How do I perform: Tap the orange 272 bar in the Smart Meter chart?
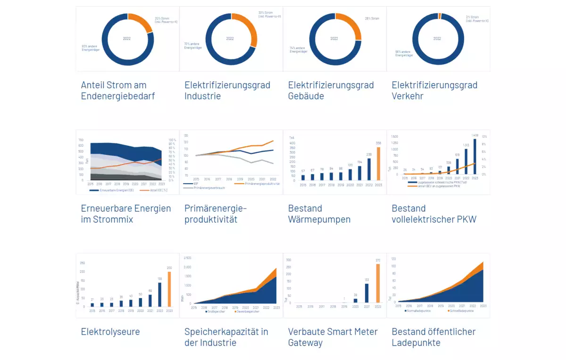pos(378,283)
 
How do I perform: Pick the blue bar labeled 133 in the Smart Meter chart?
pos(366,293)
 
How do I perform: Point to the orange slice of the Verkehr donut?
pos(440,16)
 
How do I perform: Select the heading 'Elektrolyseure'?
pos(110,332)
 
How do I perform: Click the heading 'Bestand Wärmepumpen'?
pos(318,214)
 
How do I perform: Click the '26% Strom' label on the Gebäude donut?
pos(372,19)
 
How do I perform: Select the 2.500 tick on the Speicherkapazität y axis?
pos(187,258)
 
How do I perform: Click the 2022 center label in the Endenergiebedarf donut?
pos(127,39)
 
